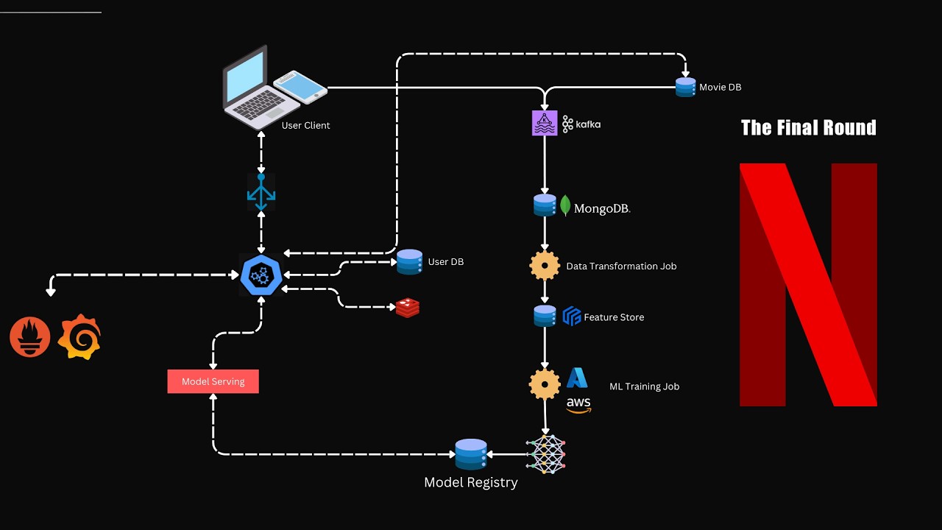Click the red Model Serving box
click(213, 381)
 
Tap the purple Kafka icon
click(545, 123)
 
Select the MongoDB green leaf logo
click(566, 205)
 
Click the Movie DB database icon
click(685, 87)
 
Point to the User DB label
click(445, 262)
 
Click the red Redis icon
click(407, 308)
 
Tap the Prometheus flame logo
click(29, 337)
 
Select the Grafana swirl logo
click(79, 337)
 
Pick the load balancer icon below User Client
click(261, 192)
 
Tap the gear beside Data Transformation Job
click(545, 266)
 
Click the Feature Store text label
click(614, 317)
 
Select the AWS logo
click(578, 405)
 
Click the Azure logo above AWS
click(577, 378)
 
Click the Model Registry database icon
click(471, 454)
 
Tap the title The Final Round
click(808, 128)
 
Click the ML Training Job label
click(644, 386)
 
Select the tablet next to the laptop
click(300, 87)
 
